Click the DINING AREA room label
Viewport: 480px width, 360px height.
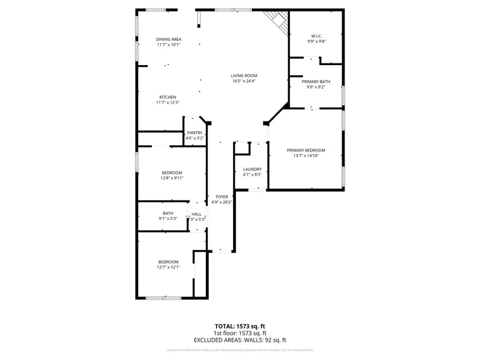pos(169,39)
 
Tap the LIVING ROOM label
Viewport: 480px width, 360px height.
pos(244,76)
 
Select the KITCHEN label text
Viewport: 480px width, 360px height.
pos(167,97)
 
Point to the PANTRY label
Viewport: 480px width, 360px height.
pos(195,133)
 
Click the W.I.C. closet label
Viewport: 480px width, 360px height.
pos(316,36)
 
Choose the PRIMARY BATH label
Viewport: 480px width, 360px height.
pos(316,82)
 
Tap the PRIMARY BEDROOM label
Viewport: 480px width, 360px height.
pos(306,150)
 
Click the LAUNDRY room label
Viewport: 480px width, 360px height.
pos(252,169)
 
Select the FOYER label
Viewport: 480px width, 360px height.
pos(221,197)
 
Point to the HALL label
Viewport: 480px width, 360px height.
pos(196,214)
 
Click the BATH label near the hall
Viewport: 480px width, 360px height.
pos(168,213)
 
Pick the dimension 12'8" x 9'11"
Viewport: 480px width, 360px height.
pos(172,178)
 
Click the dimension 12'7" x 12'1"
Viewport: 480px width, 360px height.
pos(168,267)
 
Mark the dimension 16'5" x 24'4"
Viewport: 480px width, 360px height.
pos(244,82)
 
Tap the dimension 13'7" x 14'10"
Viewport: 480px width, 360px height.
pos(306,156)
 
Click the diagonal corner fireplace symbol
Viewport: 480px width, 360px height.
pos(277,20)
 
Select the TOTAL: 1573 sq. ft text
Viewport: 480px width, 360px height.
pos(239,326)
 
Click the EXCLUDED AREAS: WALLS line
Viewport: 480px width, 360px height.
pos(239,340)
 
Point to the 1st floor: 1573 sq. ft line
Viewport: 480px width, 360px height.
pos(239,333)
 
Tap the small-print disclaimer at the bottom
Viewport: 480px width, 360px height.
pos(239,350)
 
